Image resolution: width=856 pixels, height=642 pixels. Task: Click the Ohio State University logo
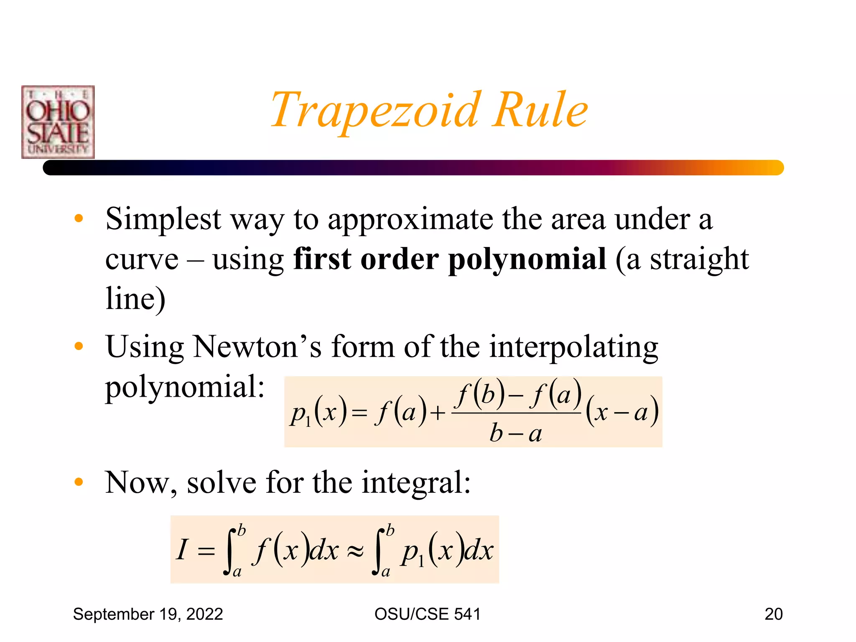(x=58, y=122)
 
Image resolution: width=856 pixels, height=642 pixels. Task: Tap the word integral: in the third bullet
(x=416, y=483)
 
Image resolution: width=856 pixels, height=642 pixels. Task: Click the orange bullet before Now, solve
(x=79, y=482)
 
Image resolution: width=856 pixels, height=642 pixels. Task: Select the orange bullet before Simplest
(x=79, y=219)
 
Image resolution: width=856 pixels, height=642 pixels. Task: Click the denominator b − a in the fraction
(x=516, y=433)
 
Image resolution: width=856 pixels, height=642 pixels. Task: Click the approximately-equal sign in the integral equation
(x=355, y=551)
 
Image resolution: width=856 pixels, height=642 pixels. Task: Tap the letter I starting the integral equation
(x=183, y=549)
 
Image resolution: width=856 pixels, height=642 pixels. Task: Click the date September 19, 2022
(x=148, y=614)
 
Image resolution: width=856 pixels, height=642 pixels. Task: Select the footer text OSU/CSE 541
(x=427, y=614)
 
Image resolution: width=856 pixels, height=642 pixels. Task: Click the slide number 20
(x=773, y=614)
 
